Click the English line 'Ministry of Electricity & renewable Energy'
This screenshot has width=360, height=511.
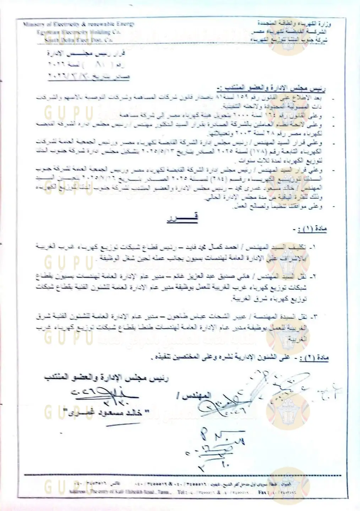78,24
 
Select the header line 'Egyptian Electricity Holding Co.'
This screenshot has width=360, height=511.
78,32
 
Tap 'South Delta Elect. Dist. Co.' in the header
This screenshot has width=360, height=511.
78,40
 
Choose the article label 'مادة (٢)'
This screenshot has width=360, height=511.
314,358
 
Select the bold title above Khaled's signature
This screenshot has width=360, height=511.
107,377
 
